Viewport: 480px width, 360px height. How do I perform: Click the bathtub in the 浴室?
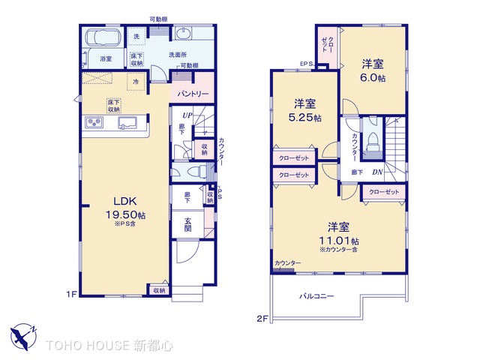click(100, 38)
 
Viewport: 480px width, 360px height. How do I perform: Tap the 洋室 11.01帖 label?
click(341, 233)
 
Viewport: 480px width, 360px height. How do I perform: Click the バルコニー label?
click(316, 295)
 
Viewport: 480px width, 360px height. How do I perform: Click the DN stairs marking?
click(379, 172)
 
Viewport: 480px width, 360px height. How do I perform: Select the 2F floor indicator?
click(261, 318)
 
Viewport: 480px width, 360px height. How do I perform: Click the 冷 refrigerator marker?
click(136, 81)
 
